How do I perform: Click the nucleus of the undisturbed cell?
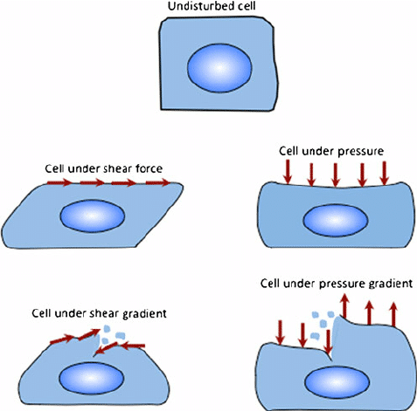point(219,68)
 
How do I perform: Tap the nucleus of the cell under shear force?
point(93,216)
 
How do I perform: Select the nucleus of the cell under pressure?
point(336,221)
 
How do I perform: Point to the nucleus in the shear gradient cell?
point(92,378)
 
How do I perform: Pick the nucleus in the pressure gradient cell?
point(337,383)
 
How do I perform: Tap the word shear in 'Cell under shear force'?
point(120,168)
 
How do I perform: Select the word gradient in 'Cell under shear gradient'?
point(144,314)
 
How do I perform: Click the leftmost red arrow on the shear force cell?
point(59,182)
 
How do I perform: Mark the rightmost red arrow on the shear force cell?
point(157,182)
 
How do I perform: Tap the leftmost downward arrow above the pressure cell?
point(288,172)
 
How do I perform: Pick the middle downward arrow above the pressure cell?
point(336,175)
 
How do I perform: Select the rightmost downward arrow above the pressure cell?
point(385,174)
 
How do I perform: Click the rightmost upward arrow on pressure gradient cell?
point(393,314)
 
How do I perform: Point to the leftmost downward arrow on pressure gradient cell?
point(280,332)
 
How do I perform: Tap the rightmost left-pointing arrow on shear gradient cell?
point(133,346)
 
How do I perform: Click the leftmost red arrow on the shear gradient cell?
point(62,339)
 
